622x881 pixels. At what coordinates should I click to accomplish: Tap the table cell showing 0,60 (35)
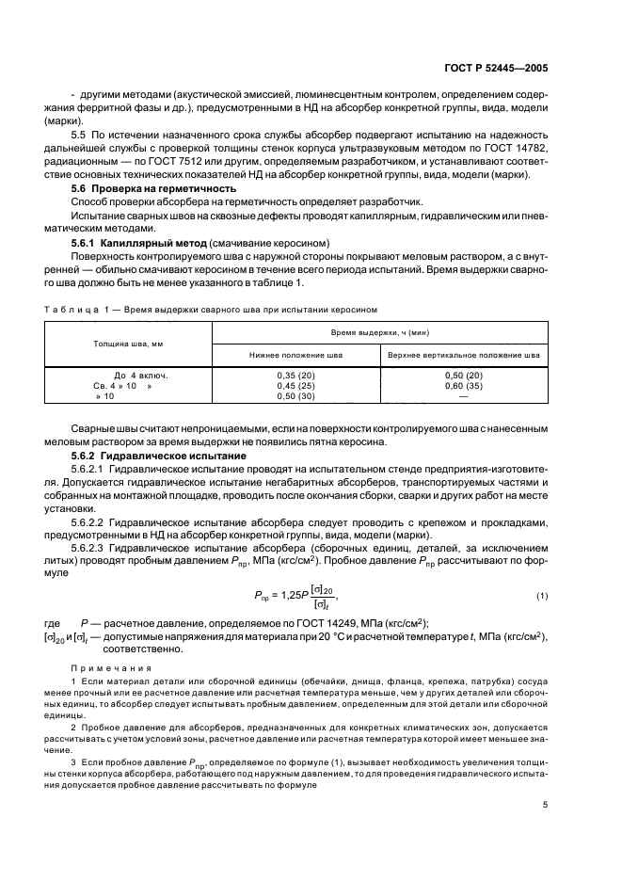point(462,386)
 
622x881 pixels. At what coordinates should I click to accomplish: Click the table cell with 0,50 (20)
point(462,375)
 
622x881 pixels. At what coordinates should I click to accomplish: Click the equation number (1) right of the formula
point(542,596)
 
